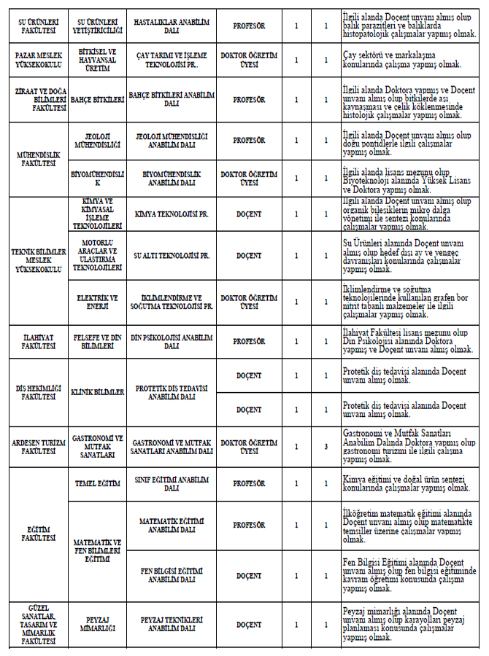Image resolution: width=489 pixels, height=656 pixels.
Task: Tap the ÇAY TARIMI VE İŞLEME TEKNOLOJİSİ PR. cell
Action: coord(172,59)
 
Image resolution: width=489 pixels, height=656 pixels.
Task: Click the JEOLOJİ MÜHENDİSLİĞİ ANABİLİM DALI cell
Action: coord(172,140)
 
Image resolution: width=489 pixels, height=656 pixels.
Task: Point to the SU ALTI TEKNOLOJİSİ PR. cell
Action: coord(172,256)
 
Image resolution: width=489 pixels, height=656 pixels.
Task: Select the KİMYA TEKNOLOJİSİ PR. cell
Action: coord(172,215)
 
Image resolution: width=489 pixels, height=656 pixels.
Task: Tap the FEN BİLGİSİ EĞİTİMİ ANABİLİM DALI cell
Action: coord(172,575)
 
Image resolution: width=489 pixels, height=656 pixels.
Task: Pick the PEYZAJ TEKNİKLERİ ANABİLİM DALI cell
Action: coord(172,625)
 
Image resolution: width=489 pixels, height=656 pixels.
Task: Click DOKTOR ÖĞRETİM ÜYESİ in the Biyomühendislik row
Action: coord(249,179)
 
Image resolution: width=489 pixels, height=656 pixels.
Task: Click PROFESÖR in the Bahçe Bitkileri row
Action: coord(249,100)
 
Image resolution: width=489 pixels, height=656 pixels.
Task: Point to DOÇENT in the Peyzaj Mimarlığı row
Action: coord(249,625)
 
